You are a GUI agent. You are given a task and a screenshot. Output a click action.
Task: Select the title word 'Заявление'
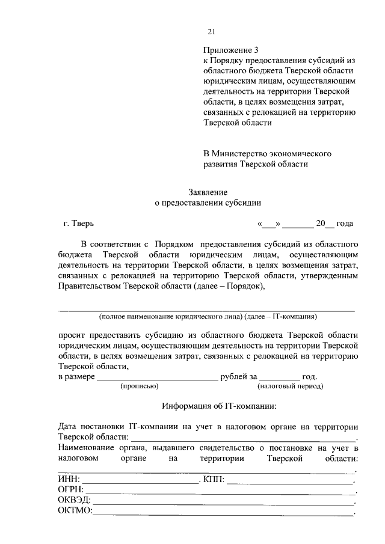(x=208, y=192)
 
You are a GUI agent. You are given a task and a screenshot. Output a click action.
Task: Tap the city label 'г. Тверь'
(x=78, y=224)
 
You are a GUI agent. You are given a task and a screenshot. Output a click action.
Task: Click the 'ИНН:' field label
(x=69, y=480)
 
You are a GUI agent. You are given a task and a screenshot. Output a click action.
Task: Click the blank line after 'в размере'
(x=157, y=378)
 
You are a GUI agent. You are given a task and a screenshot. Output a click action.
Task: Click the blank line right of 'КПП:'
(x=290, y=481)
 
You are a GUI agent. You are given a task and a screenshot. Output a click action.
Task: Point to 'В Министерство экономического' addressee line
(x=267, y=153)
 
